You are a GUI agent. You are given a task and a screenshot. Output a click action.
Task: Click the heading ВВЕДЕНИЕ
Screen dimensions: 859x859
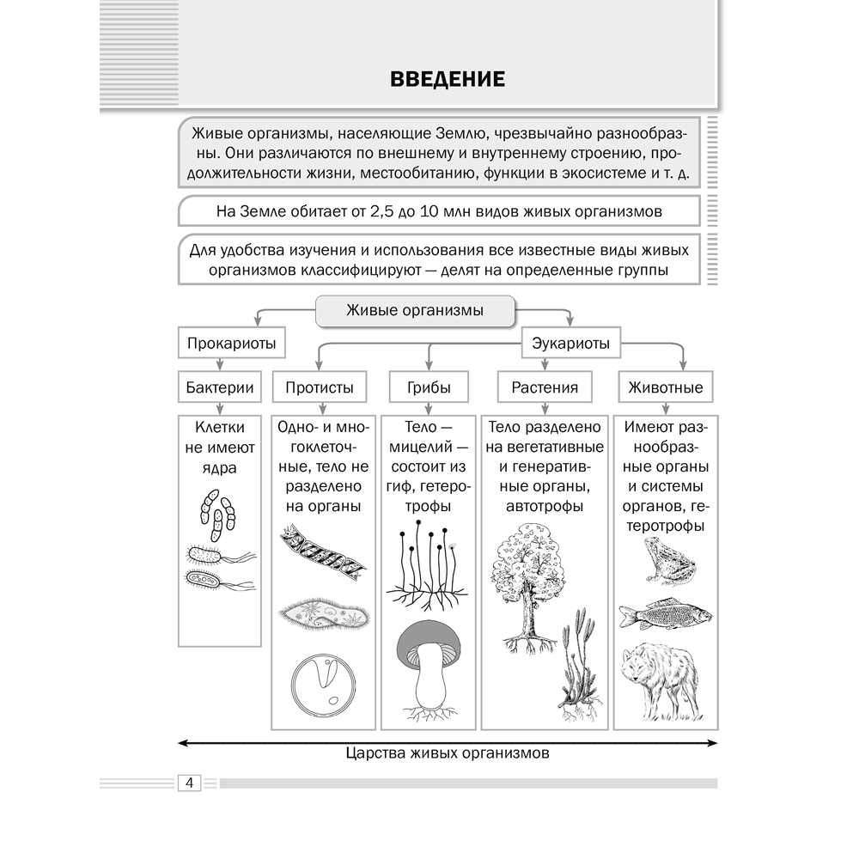[447, 79]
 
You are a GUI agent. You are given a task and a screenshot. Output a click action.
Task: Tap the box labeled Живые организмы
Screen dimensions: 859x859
[414, 310]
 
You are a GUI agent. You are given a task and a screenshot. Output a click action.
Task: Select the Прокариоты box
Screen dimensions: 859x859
[231, 344]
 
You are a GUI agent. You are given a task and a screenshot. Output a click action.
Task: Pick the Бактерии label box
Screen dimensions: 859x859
[220, 387]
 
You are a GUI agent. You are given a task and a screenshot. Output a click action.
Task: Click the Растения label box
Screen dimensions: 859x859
[545, 387]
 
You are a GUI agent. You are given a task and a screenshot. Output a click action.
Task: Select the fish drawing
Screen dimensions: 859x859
[666, 612]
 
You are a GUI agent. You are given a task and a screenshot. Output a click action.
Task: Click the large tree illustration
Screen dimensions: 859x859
[527, 584]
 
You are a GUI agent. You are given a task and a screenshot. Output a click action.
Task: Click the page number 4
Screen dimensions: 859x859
[188, 783]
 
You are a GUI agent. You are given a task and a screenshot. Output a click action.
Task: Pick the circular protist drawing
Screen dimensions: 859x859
[320, 687]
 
